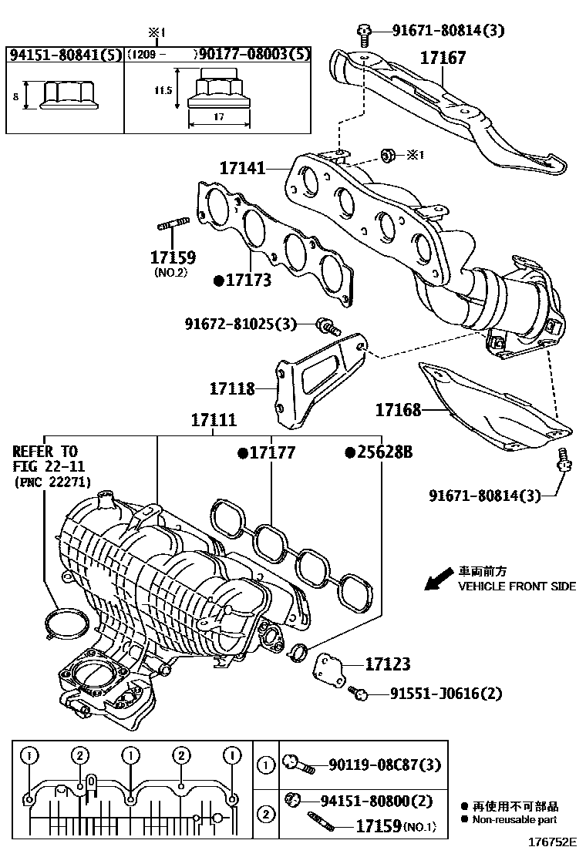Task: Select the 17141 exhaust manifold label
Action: (x=242, y=167)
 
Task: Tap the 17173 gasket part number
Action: (x=248, y=281)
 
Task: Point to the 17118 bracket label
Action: (x=231, y=389)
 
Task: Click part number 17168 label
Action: (x=398, y=410)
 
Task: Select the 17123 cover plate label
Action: (x=387, y=664)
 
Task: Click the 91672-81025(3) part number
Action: (x=241, y=324)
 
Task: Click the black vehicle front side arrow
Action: (x=439, y=578)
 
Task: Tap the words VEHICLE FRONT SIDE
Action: (x=517, y=586)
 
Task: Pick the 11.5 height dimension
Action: (x=163, y=89)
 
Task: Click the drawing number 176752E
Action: (x=554, y=846)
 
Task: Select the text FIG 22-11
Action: (x=48, y=466)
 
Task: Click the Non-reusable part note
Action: (x=516, y=820)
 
